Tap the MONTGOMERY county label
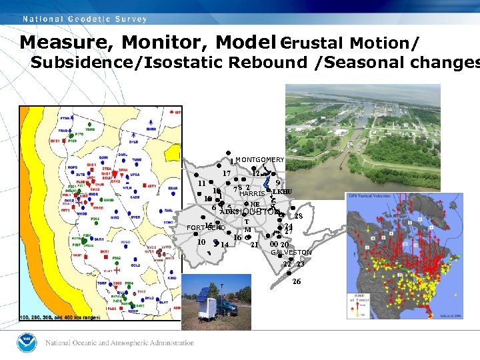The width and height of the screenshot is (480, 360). tap(259, 160)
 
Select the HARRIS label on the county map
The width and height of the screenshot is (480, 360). tap(252, 194)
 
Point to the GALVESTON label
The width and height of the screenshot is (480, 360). tap(291, 253)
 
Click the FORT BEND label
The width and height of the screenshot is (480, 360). tap(206, 227)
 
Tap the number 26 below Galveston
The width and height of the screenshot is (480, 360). tap(297, 281)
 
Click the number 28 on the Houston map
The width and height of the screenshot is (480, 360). tap(299, 216)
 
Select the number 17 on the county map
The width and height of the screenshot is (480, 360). tap(227, 173)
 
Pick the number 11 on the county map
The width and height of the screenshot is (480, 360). tap(201, 183)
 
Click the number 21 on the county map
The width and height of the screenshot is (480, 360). tap(254, 245)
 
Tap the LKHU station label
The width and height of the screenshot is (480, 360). tap(282, 192)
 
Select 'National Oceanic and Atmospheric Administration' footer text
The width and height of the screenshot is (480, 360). tap(120, 343)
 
